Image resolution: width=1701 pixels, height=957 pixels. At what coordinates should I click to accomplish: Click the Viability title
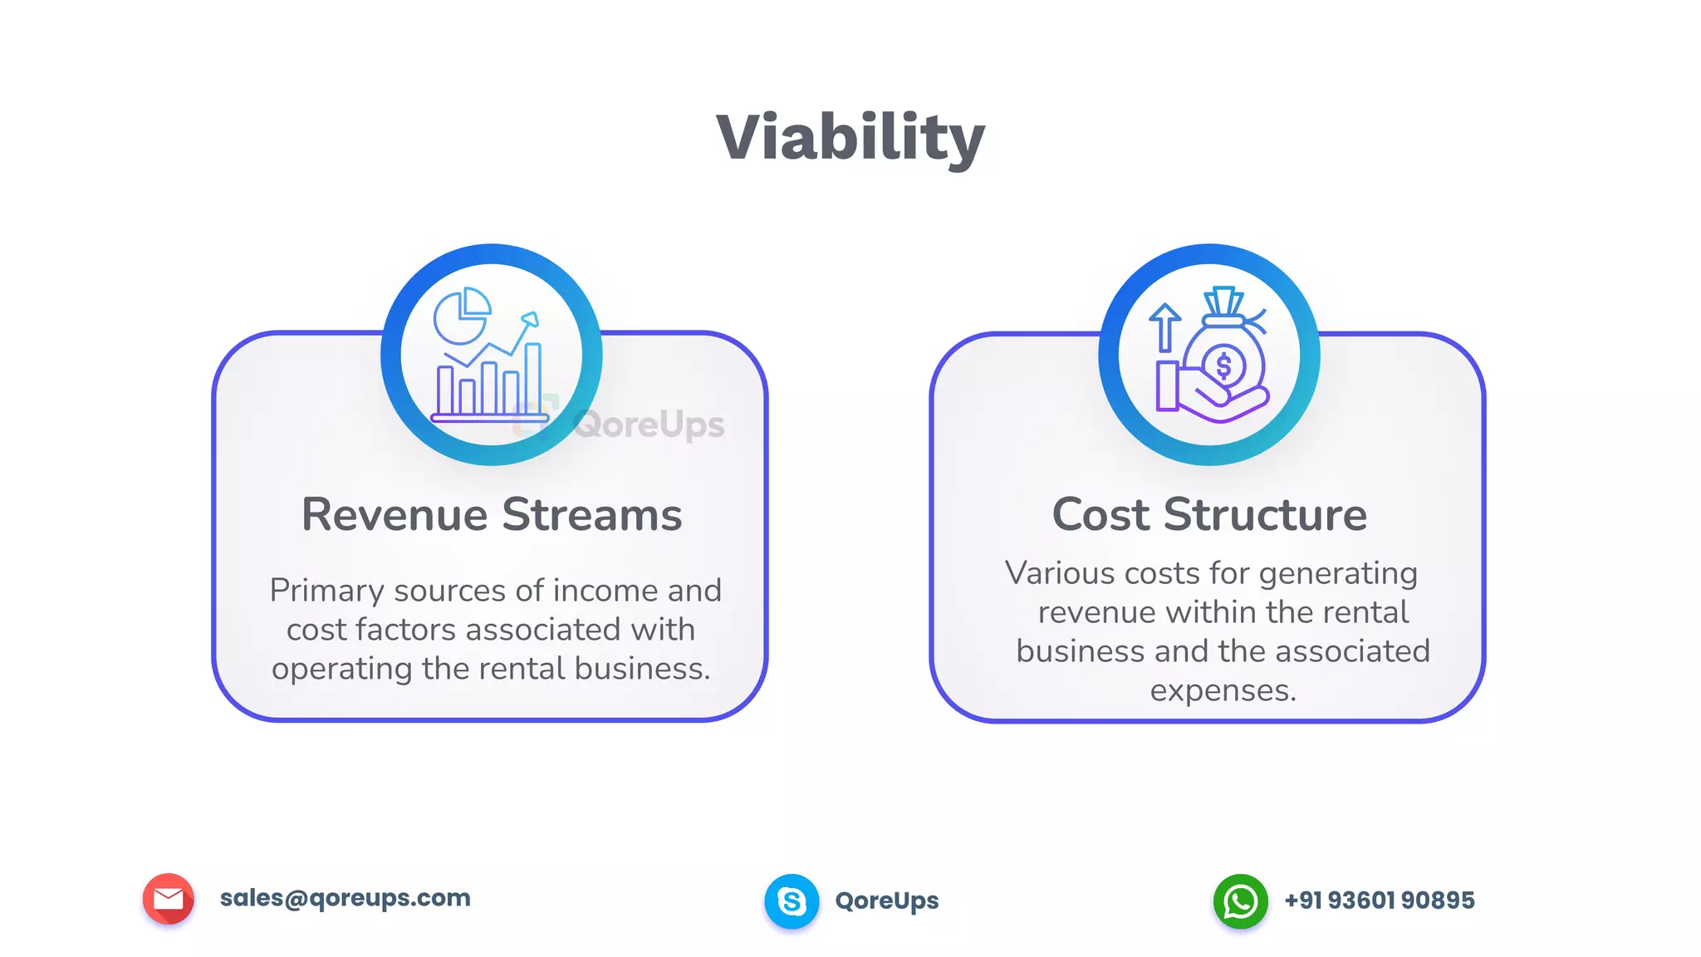(850, 138)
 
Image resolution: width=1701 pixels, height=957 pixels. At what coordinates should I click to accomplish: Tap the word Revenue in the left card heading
(395, 515)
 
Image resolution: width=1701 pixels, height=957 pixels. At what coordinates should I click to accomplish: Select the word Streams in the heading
(592, 515)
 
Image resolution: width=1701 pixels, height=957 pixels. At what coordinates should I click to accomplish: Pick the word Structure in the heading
(1265, 515)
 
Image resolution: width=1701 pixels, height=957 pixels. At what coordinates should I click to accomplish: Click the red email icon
(169, 899)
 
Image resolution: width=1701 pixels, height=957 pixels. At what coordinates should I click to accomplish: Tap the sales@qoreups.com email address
(345, 898)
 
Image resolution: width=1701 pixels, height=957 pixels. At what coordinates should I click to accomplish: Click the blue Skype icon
(792, 901)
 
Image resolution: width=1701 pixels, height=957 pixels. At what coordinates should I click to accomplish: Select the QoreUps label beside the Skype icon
(887, 901)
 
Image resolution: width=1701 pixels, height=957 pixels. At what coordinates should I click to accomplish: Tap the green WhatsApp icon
(1240, 901)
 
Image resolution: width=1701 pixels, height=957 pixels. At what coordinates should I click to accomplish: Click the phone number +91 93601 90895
(1380, 901)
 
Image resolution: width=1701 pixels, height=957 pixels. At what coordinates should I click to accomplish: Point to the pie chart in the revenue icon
(462, 317)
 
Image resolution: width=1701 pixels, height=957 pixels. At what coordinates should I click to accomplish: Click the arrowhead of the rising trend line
(530, 319)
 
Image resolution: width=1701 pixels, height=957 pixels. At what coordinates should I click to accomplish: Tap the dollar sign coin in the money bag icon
(1223, 366)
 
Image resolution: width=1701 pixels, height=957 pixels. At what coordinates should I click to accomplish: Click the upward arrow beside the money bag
(1164, 326)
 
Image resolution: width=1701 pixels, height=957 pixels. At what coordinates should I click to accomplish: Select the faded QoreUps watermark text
(649, 425)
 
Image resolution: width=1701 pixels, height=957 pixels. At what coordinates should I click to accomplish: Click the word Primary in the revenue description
(326, 591)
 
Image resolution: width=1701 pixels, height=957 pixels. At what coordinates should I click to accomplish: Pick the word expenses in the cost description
(1223, 690)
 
